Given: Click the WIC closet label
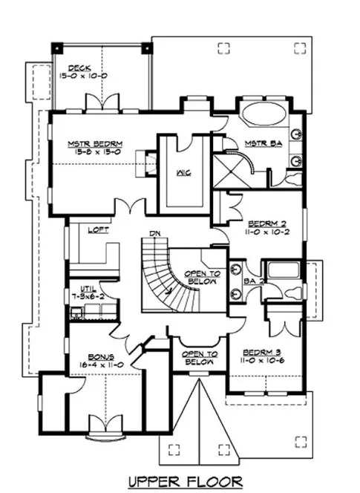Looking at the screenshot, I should pos(184,172).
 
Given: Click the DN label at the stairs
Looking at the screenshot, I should pos(155,234).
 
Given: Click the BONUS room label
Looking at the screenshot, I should pos(96,356).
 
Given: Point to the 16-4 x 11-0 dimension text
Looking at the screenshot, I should pos(96,365).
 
